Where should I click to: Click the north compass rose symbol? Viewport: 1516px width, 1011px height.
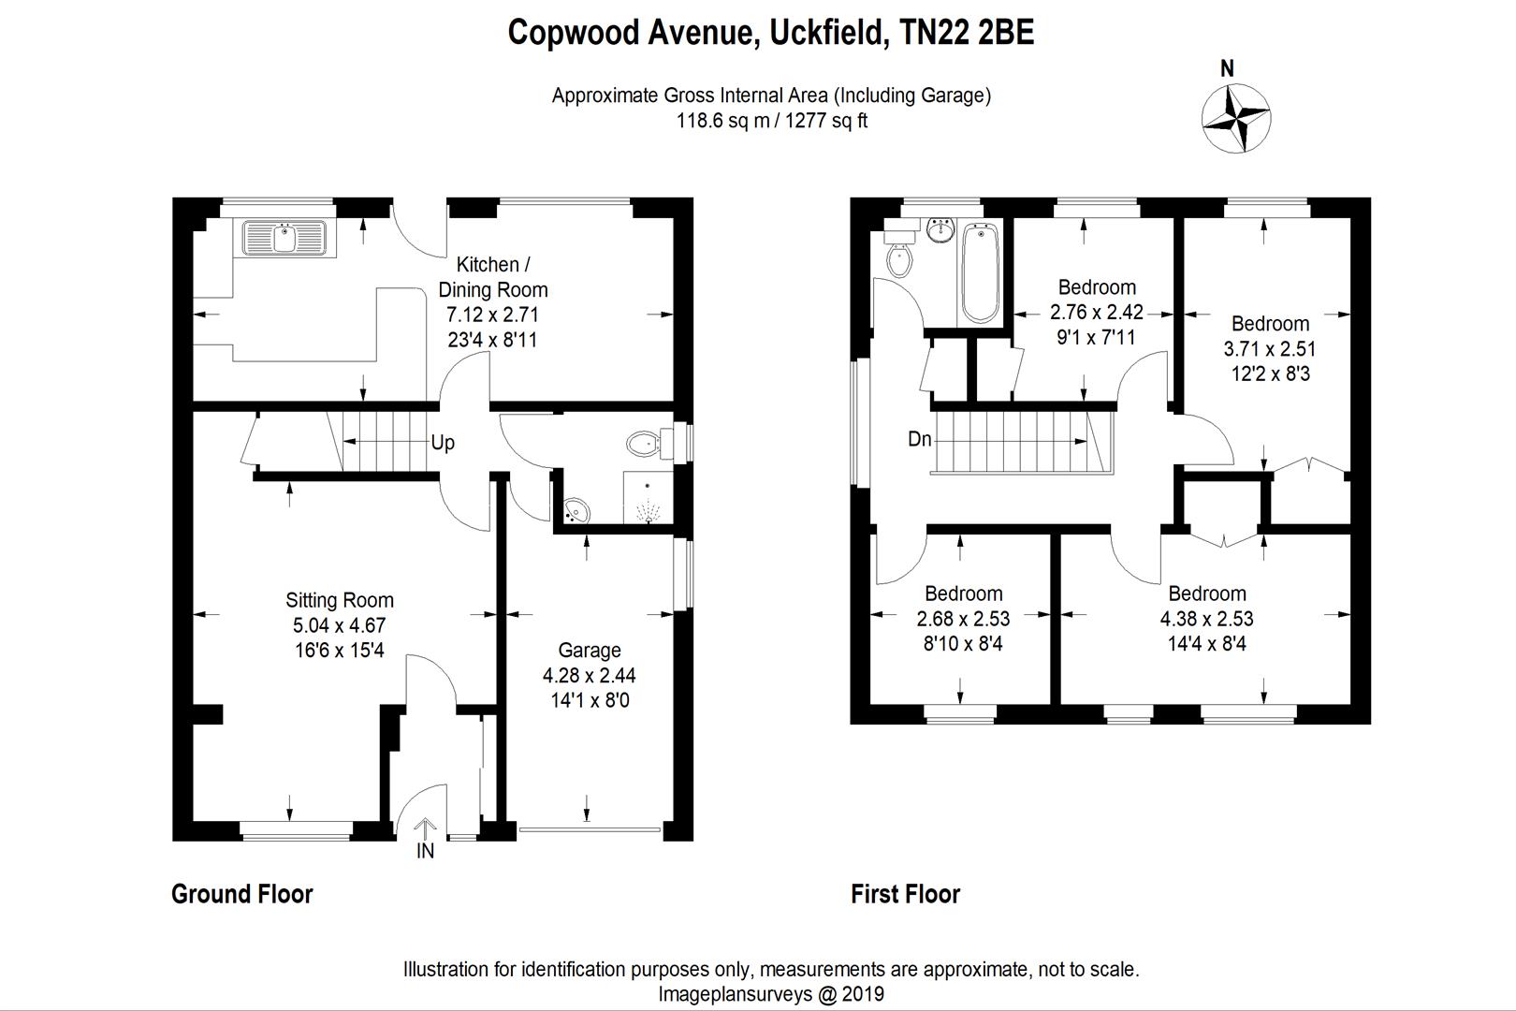(x=1236, y=119)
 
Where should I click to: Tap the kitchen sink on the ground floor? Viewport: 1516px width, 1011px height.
(x=284, y=238)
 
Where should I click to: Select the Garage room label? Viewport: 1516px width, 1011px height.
(x=590, y=650)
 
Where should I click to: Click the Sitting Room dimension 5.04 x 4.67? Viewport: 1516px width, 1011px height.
(x=339, y=625)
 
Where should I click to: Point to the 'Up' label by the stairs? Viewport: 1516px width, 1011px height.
(x=443, y=443)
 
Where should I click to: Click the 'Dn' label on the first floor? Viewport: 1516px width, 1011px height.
(x=920, y=439)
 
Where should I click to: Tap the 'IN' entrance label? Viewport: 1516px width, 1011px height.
(x=425, y=851)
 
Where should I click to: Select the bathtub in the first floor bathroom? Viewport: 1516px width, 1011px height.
(x=980, y=273)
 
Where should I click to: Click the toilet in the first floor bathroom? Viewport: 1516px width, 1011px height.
(x=898, y=253)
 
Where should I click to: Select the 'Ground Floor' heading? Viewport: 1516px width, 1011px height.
(x=242, y=894)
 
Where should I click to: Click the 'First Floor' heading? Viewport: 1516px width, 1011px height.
(x=906, y=894)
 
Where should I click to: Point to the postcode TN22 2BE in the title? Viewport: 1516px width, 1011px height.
(x=967, y=32)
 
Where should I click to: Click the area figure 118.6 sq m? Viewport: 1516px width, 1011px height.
(x=722, y=121)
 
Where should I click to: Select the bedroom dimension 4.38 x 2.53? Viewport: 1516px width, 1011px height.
(x=1206, y=618)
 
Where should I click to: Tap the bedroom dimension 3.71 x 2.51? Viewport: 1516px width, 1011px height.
(x=1270, y=349)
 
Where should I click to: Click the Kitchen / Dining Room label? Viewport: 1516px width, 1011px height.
(x=492, y=277)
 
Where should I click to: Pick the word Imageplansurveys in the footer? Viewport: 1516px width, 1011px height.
(x=735, y=993)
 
